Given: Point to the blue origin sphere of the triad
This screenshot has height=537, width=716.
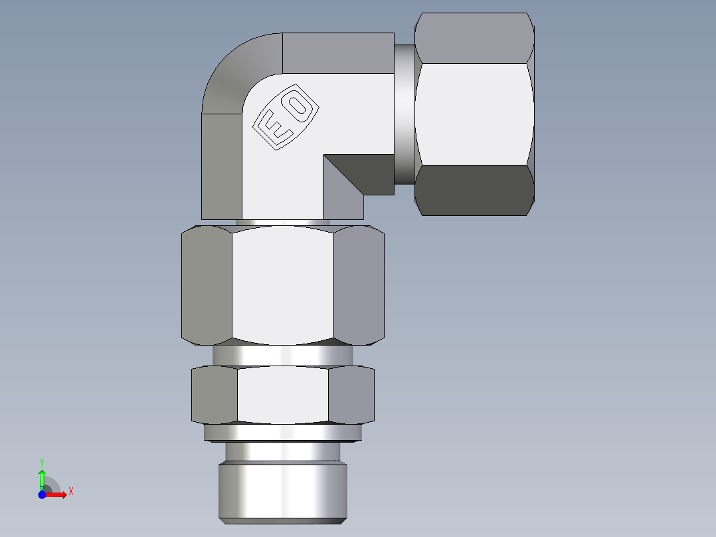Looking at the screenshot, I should pos(43,494).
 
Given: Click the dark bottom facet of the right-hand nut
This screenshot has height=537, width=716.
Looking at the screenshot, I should pos(475,190).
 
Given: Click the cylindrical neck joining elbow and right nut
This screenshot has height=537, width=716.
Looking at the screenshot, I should pos(404,113).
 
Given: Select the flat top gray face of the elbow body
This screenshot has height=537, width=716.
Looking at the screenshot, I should pos(337,53).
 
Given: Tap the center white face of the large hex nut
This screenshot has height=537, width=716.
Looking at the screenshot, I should pos(282,286).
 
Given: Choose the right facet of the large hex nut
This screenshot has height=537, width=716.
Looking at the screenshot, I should pos(359,286).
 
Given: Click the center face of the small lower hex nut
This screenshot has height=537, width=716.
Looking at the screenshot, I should pos(282,395).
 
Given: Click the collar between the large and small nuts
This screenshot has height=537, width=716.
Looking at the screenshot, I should pos(282,355).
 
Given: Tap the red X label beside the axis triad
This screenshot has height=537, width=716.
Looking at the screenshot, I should pos(71,492).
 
